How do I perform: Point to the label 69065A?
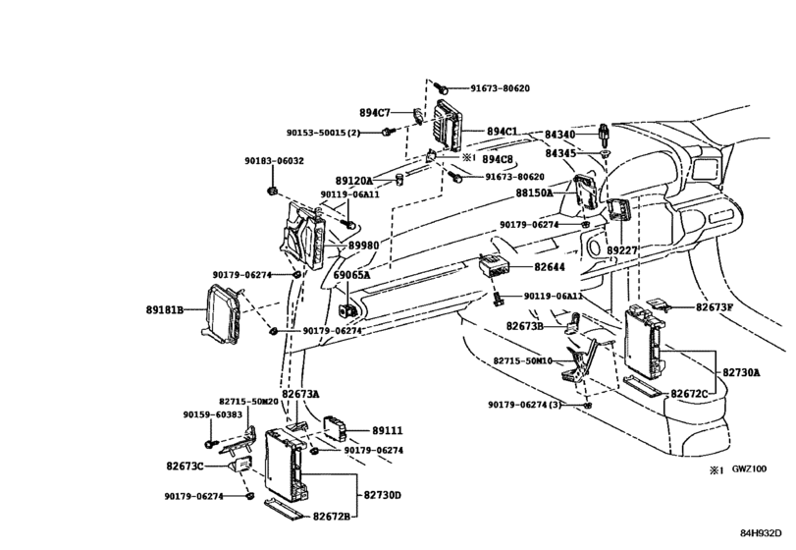(x=351, y=276)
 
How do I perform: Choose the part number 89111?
(x=387, y=430)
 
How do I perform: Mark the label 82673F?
(x=715, y=307)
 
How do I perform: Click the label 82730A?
(x=742, y=372)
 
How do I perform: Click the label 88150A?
(x=535, y=194)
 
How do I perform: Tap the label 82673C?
(x=186, y=466)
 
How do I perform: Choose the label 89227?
(x=620, y=251)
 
